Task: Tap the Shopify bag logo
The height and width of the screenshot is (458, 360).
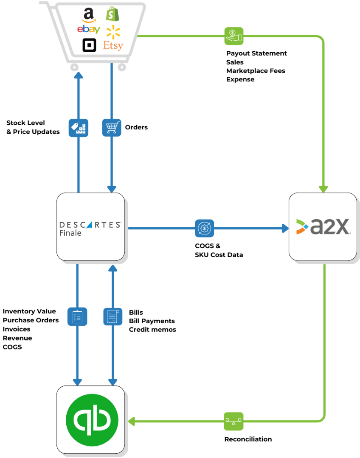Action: pos(113,14)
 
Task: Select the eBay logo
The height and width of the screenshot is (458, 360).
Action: pos(89,29)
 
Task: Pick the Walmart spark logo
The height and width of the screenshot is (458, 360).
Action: pos(113,31)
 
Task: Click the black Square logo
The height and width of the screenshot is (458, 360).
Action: pos(89,45)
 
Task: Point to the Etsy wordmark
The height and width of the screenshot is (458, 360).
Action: pos(113,45)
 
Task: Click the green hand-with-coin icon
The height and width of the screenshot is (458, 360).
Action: pos(233,36)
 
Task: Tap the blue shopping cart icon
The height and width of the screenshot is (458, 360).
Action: pos(112,127)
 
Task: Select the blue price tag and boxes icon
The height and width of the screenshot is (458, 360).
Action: pos(79,127)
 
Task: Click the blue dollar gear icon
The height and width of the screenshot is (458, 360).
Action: pos(205,228)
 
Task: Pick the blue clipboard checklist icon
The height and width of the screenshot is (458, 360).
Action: pos(77,316)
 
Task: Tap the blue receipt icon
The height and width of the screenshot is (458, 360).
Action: pos(113,316)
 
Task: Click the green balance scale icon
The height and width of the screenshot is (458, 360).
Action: pos(233,421)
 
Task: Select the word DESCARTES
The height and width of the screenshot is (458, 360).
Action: pos(90,225)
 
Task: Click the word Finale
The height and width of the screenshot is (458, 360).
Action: pos(70,233)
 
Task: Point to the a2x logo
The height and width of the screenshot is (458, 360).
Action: pos(323,227)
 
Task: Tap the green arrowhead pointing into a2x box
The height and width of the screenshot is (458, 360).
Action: pos(324,189)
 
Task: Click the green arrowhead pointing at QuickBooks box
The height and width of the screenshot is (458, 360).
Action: pos(131,421)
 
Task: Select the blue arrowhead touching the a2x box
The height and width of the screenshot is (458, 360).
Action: pos(285,228)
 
